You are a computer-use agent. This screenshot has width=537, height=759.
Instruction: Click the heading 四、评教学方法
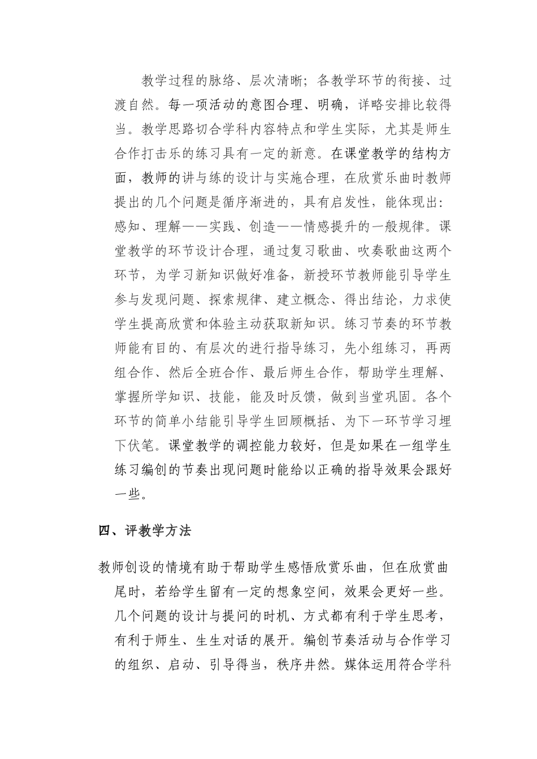click(x=145, y=531)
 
